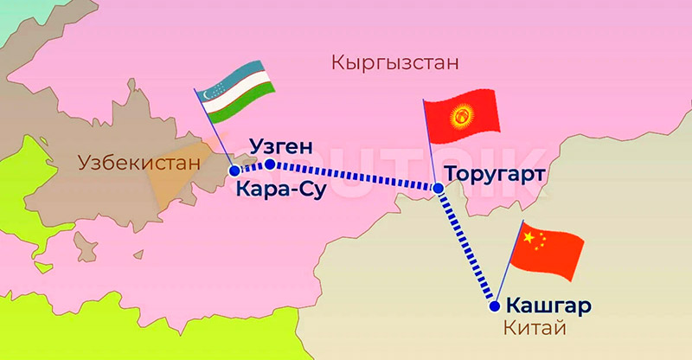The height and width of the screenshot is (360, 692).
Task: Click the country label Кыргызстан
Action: (x=394, y=63)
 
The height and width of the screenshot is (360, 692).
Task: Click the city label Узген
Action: (x=279, y=145)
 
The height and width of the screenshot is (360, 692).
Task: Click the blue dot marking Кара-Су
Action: (x=234, y=170)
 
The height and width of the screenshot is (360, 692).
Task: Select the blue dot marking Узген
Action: (x=270, y=164)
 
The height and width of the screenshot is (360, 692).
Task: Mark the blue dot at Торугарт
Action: (x=439, y=188)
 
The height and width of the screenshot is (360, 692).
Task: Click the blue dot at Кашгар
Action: (x=494, y=305)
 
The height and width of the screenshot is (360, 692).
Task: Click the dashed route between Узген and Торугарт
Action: (x=355, y=176)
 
